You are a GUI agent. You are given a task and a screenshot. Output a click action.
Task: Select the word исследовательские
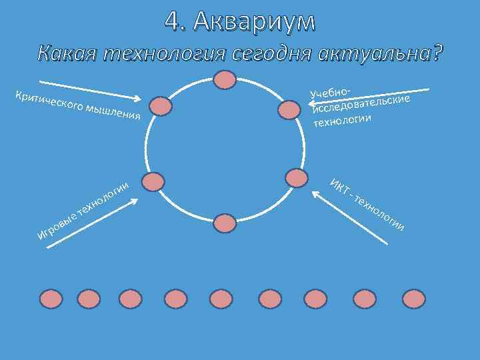click(360, 105)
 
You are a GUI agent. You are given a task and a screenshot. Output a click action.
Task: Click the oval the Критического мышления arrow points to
click(159, 106)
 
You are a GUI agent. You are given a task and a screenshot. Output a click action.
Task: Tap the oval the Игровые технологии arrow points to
click(153, 182)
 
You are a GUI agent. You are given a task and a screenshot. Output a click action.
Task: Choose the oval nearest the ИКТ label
click(295, 177)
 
